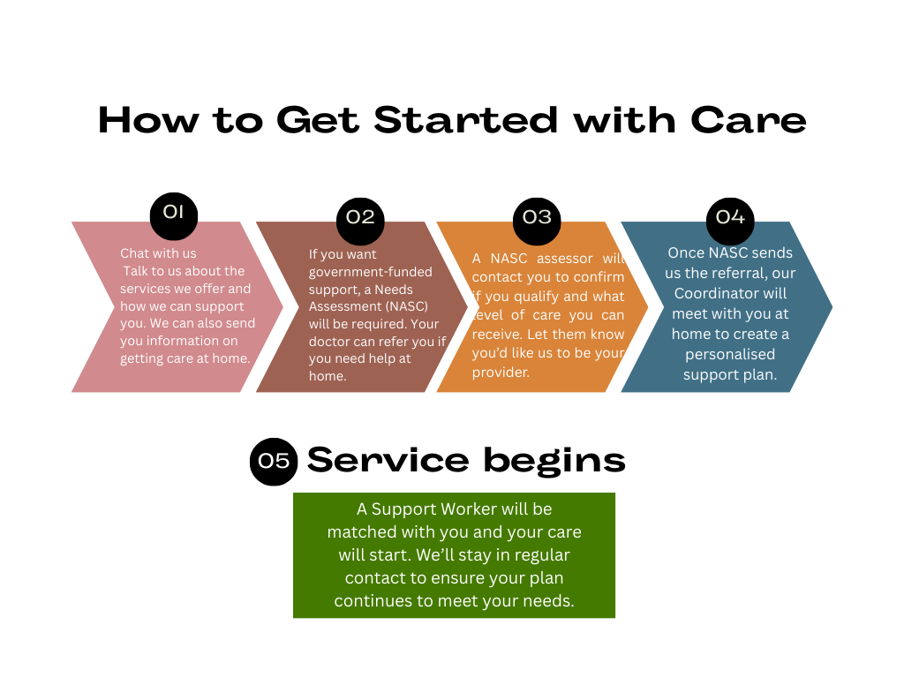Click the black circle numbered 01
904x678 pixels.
pos(173,212)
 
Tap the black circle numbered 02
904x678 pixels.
pos(360,216)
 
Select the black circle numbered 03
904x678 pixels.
pos(537,216)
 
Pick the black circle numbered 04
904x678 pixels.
pos(730,216)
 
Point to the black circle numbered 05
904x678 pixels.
pos(274,462)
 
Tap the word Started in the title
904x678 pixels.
pos(466,120)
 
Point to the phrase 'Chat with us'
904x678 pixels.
pos(158,253)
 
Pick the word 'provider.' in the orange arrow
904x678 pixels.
pos(501,373)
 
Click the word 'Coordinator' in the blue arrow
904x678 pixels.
pos(729,293)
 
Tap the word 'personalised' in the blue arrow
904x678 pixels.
pos(729,354)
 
